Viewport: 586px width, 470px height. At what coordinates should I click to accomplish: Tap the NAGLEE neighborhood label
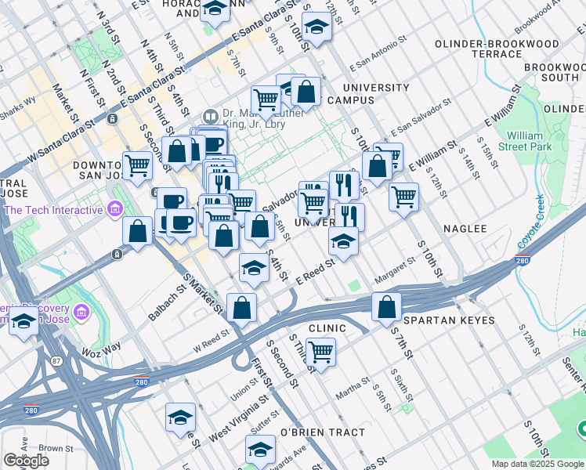coord(465,229)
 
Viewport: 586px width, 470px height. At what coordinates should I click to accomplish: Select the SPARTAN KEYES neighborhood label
coord(449,321)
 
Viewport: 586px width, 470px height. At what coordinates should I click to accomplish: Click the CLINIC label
coord(327,327)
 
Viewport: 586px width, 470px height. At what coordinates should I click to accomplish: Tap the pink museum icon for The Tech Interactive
coord(115,209)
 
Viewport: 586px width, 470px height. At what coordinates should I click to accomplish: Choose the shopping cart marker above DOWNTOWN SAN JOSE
coord(138,164)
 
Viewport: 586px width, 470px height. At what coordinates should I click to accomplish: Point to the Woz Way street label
coord(101,346)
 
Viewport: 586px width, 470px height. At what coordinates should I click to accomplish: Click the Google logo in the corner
coord(26,461)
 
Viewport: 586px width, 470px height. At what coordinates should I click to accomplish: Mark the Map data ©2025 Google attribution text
coord(537,464)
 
